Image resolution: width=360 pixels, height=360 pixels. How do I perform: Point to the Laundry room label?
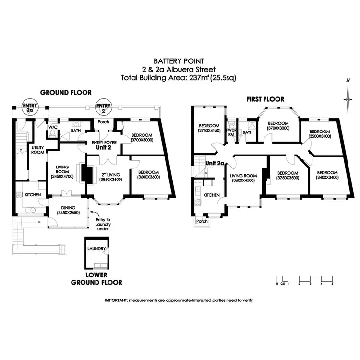click(96, 249)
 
